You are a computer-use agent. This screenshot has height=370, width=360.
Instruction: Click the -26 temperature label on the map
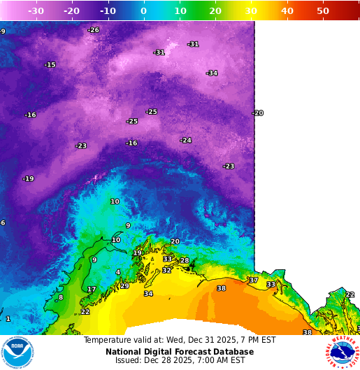(94, 30)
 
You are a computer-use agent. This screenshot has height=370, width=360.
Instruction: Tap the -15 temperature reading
(50, 65)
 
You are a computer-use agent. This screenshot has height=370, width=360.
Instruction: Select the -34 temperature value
(212, 73)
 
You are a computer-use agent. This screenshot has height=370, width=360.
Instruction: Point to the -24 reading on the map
(185, 141)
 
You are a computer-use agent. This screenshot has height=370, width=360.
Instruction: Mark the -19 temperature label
(28, 179)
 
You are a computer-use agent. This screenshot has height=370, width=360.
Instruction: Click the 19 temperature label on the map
(138, 253)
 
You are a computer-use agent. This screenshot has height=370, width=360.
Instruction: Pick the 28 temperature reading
(185, 261)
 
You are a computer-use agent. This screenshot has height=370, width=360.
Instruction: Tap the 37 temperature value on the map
(253, 280)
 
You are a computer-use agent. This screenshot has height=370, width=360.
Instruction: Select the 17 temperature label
(92, 289)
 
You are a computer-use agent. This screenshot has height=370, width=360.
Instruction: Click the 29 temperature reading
(124, 286)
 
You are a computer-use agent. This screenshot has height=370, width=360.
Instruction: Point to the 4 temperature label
(118, 272)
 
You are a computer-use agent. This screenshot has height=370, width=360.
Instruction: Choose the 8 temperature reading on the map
(61, 298)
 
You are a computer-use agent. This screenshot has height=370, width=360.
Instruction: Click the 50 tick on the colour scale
(323, 11)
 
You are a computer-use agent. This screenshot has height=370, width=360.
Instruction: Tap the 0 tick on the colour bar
(143, 11)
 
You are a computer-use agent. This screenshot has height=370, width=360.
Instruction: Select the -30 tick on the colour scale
(35, 11)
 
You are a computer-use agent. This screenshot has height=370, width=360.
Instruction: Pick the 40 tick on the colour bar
(287, 11)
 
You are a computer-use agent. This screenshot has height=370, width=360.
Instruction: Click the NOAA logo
(17, 353)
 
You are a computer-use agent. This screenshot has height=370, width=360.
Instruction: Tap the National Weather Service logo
(341, 353)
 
